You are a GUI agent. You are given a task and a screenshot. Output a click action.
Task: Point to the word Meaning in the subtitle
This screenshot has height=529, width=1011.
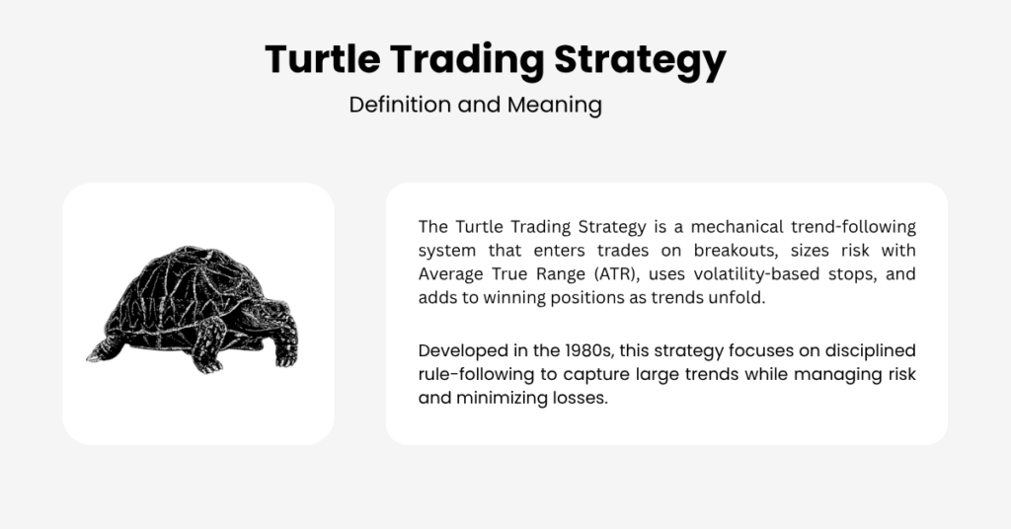coord(555,106)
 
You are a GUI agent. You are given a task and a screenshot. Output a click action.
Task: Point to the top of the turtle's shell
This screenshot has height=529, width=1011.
coord(187,248)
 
